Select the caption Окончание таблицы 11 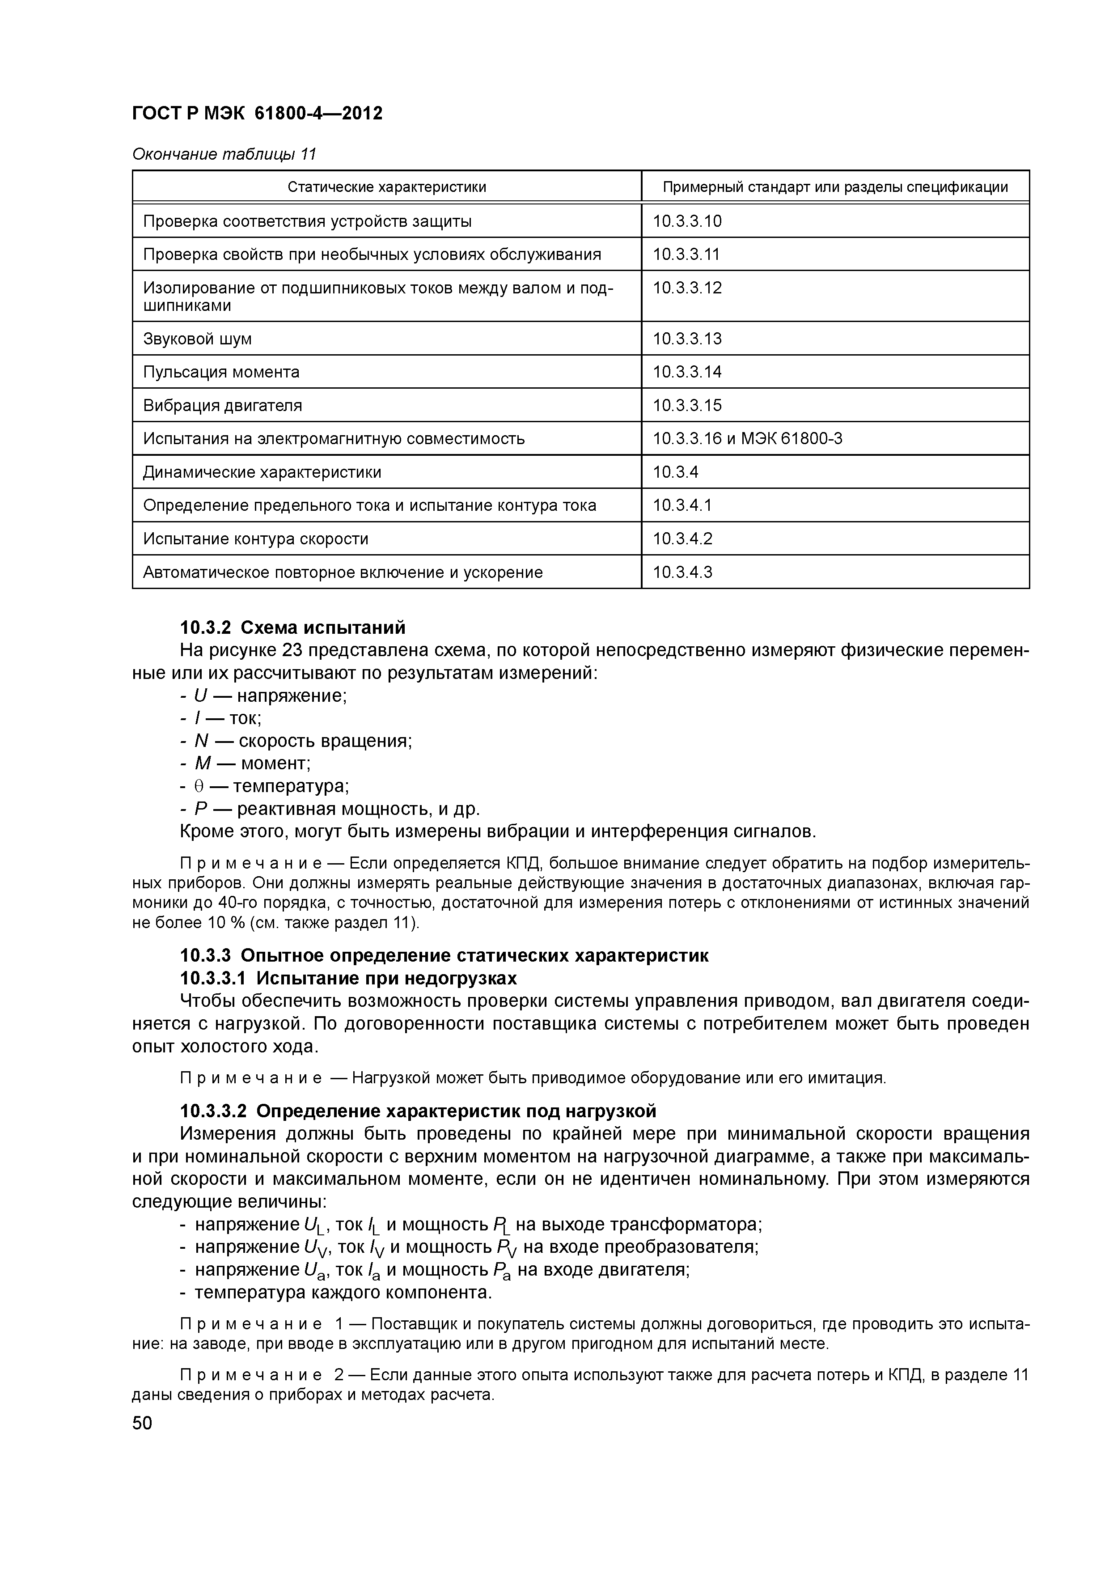click(224, 154)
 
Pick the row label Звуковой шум click(198, 339)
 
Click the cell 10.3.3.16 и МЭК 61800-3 click(747, 439)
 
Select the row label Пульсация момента click(221, 373)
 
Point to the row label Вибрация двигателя click(223, 406)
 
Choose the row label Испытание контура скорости click(255, 539)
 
